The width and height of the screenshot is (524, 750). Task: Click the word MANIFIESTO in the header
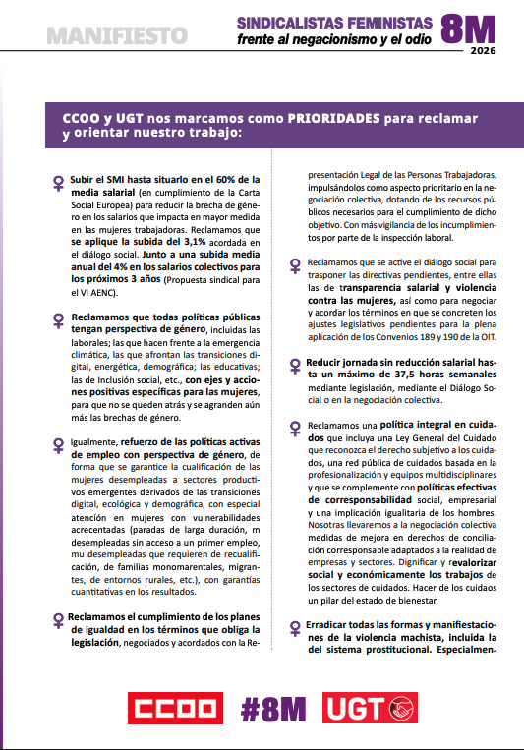click(117, 35)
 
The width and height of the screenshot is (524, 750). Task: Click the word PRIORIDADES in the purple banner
click(339, 117)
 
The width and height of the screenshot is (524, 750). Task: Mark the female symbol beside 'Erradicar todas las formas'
click(296, 627)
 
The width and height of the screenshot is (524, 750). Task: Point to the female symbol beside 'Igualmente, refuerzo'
click(58, 444)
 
